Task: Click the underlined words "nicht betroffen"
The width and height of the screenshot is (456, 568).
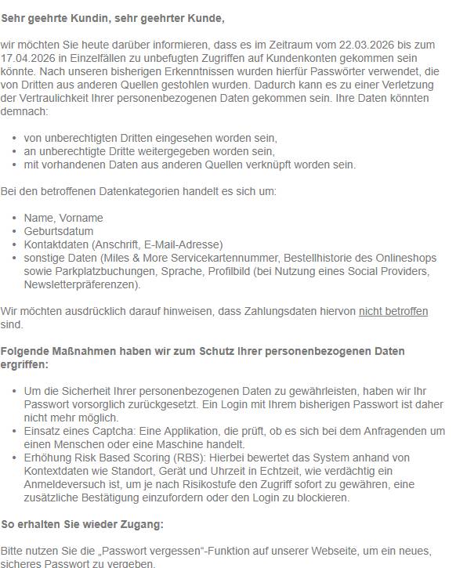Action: tap(393, 311)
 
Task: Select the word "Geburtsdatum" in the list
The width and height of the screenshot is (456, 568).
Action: tap(59, 231)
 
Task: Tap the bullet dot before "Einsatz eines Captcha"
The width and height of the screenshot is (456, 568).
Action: tap(16, 431)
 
